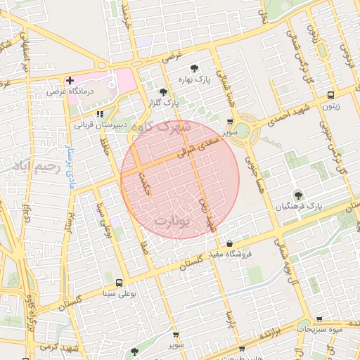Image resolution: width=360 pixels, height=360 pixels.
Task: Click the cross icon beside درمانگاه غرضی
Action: pyautogui.click(x=70, y=81)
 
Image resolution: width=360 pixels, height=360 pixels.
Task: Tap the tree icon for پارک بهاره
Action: pyautogui.click(x=194, y=68)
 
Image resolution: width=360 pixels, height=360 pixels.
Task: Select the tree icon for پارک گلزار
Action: pyautogui.click(x=163, y=91)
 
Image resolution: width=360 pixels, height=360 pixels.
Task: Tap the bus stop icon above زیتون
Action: pyautogui.click(x=330, y=96)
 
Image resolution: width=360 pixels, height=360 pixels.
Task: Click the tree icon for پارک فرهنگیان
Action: pyautogui.click(x=297, y=194)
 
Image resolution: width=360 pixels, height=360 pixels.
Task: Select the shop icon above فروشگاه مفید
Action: pyautogui.click(x=229, y=243)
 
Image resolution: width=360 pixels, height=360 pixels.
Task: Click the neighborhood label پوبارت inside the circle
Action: pyautogui.click(x=172, y=221)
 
